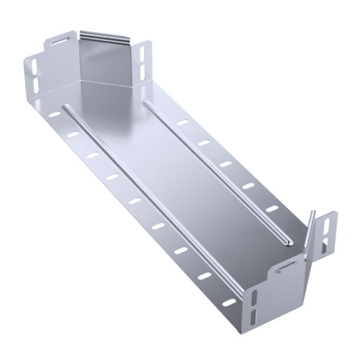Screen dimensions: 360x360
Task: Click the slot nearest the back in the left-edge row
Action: (x=55, y=114)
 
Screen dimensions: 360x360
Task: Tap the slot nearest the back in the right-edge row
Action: (x=183, y=123)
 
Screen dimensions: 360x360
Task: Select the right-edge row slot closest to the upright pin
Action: (x=271, y=210)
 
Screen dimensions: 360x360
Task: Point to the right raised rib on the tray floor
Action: (x=216, y=173)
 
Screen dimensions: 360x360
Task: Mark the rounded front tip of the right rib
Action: (x=287, y=243)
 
